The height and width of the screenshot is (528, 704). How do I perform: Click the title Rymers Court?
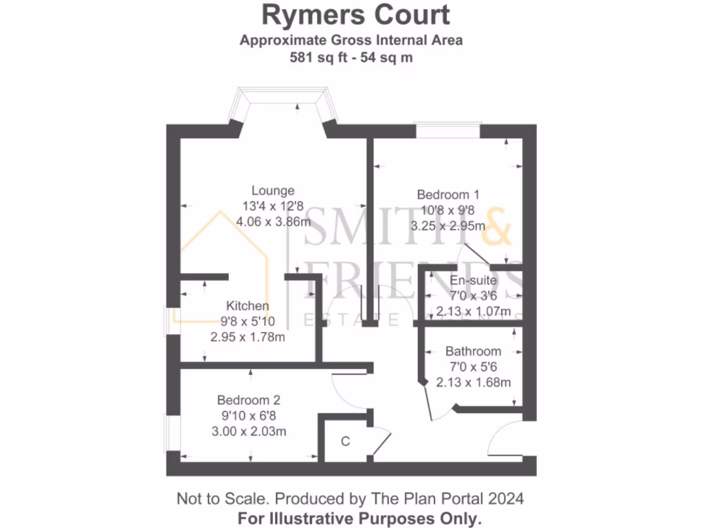coord(355,15)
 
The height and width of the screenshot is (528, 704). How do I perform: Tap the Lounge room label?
coord(273,190)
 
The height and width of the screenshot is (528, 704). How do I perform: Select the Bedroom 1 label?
coord(448,195)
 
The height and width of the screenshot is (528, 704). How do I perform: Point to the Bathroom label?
coord(473,351)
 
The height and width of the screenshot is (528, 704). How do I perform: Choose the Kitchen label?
coord(247,306)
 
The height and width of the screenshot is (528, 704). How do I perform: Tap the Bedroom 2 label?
coord(248,399)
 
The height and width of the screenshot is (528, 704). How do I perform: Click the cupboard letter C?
coord(346,441)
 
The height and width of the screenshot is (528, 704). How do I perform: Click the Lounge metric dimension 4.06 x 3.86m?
coord(273,221)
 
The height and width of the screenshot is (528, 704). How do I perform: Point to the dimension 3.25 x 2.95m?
coord(448,225)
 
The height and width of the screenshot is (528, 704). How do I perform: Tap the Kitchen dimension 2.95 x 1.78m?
coord(247,337)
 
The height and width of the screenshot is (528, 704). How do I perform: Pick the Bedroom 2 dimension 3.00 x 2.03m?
coord(248,431)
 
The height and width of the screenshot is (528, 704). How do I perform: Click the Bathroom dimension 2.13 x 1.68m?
coord(473,382)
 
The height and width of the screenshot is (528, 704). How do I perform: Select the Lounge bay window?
coord(283,97)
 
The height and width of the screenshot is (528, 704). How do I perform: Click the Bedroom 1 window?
coord(448,130)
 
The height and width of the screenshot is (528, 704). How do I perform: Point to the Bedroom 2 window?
coord(166,433)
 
